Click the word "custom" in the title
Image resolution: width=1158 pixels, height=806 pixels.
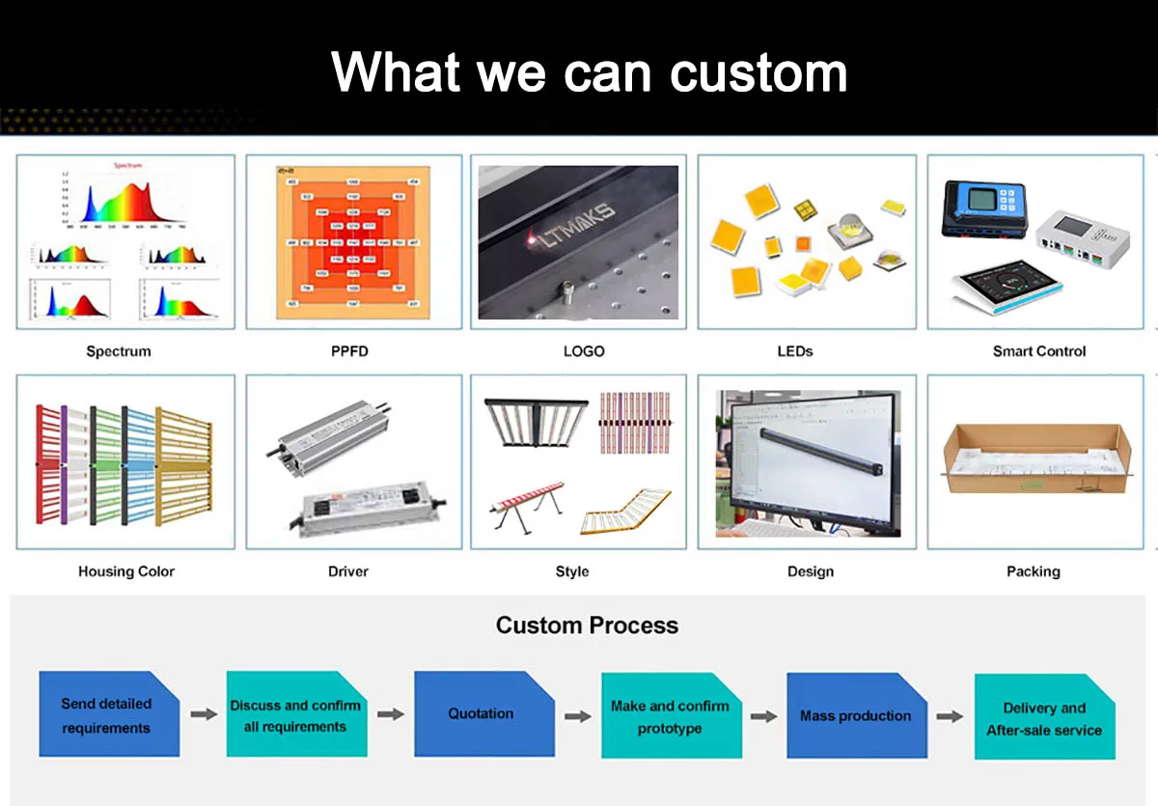tap(758, 72)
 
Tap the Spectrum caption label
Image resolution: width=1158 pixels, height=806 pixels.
tap(119, 351)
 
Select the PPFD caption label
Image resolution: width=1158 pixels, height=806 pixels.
tap(349, 351)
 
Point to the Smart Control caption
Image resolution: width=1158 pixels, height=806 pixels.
tap(1039, 351)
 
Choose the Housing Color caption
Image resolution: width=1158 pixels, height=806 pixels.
tap(126, 571)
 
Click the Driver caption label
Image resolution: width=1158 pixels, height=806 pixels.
tap(348, 571)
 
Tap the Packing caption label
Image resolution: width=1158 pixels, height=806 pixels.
tap(1033, 571)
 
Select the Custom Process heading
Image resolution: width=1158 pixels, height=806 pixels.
tap(587, 625)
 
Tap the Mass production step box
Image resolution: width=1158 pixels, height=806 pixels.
tap(856, 715)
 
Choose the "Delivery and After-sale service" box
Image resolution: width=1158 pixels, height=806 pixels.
tap(1044, 718)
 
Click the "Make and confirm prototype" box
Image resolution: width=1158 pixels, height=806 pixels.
tap(670, 716)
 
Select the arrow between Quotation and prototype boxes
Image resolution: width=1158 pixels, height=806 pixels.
tap(577, 716)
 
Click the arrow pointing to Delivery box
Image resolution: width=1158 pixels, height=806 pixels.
tap(950, 716)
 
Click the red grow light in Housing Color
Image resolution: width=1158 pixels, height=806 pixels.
tap(47, 464)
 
